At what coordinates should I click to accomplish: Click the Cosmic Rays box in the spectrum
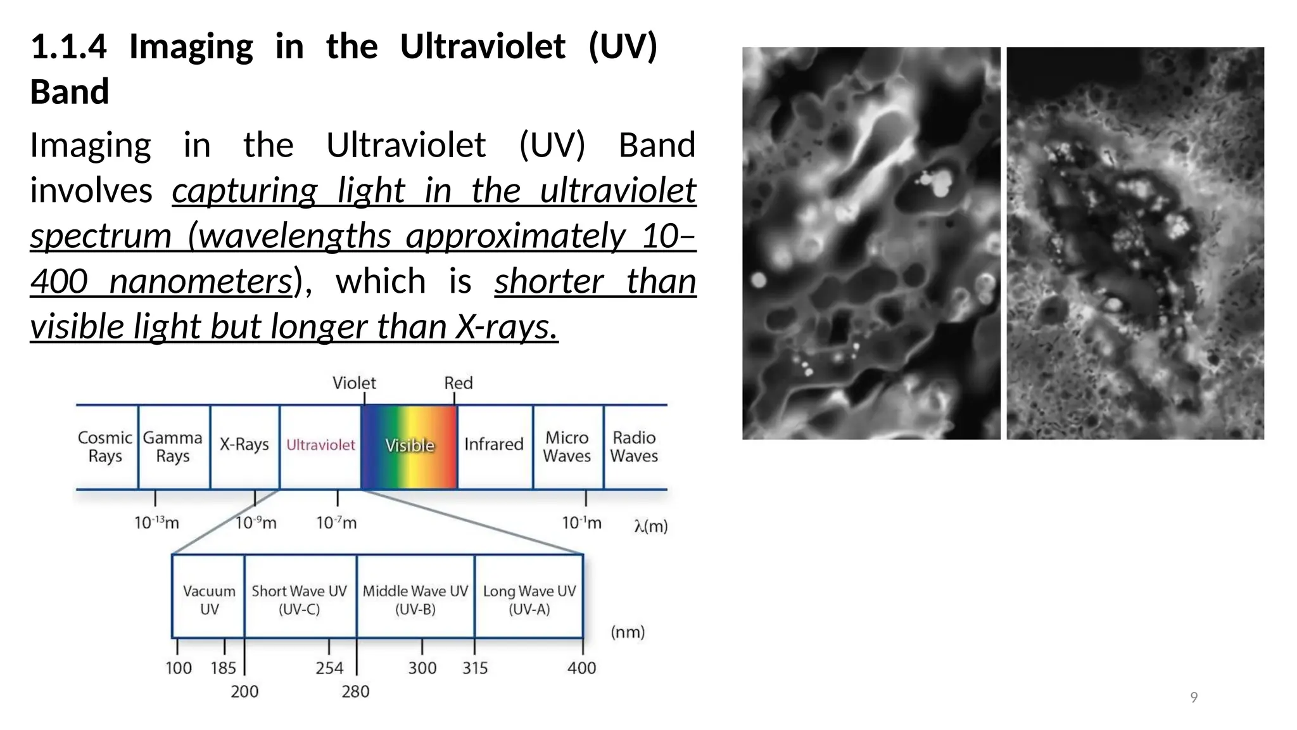pos(105,447)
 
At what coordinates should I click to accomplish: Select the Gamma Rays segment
pos(173,447)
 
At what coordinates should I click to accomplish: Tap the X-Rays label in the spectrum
pos(244,444)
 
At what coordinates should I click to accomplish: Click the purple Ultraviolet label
pos(320,445)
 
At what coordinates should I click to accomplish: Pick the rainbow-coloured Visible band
pos(409,446)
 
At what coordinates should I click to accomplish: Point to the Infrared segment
pos(494,444)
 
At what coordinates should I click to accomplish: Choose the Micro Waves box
pos(567,447)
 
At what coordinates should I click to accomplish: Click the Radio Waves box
pos(634,447)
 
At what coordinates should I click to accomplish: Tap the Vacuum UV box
pos(209,599)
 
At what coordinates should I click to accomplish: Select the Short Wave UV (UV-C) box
pos(300,599)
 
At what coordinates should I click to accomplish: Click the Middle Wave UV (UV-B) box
pos(415,599)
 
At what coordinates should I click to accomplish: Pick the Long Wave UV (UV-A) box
pos(529,599)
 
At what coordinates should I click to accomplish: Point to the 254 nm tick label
pos(329,668)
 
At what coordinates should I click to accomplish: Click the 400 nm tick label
pos(581,668)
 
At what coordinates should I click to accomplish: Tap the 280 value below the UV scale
pos(355,691)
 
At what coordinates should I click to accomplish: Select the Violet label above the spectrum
pos(354,383)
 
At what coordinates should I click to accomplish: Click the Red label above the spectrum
pos(459,383)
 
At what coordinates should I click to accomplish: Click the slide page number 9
pos(1194,698)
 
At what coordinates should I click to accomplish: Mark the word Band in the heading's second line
pos(70,91)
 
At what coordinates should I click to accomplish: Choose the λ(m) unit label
pos(651,526)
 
